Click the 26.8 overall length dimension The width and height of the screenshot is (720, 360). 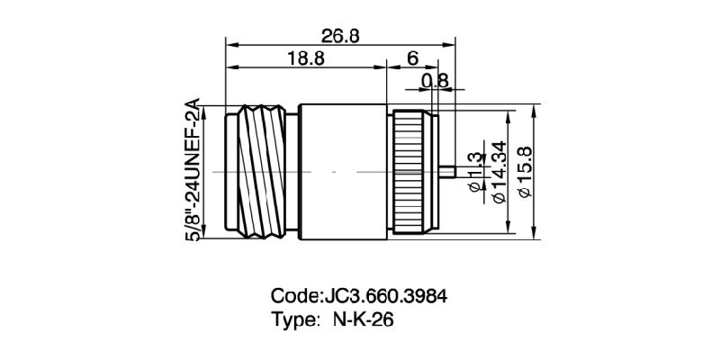point(340,35)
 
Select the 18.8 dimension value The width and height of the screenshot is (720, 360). point(306,58)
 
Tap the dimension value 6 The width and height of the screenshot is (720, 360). point(412,58)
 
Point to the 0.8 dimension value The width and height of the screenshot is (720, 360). point(435,81)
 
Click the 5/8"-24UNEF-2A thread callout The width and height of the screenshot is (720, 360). point(192,171)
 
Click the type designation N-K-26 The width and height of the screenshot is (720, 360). point(364,319)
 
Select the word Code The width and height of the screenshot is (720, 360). point(294,296)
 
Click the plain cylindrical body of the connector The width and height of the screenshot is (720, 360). point(342,172)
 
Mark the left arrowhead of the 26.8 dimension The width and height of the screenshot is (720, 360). point(229,44)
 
